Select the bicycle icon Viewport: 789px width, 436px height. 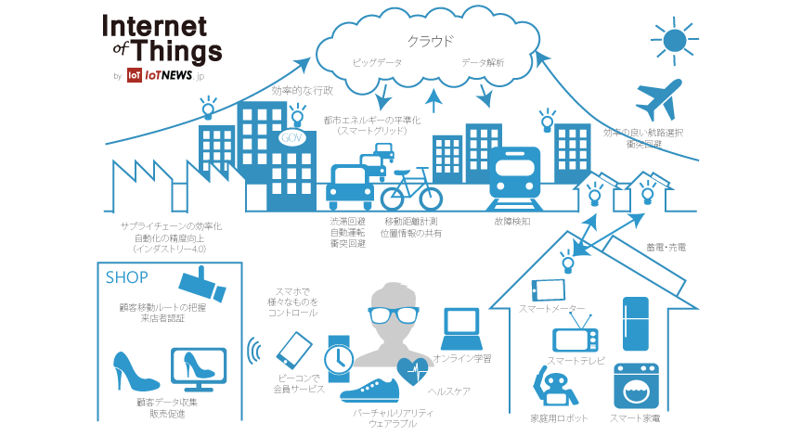(411, 189)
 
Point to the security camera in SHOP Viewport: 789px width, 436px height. (202, 285)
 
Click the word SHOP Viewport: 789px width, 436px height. (127, 276)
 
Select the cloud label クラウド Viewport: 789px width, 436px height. (430, 41)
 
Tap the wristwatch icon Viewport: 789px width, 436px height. (338, 356)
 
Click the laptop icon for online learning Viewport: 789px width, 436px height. (461, 324)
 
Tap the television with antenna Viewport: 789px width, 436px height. (576, 335)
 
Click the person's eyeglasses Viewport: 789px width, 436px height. (394, 314)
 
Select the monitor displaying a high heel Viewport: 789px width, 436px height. (200, 370)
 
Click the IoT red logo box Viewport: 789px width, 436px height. (135, 76)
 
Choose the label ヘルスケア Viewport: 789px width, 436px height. (448, 391)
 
